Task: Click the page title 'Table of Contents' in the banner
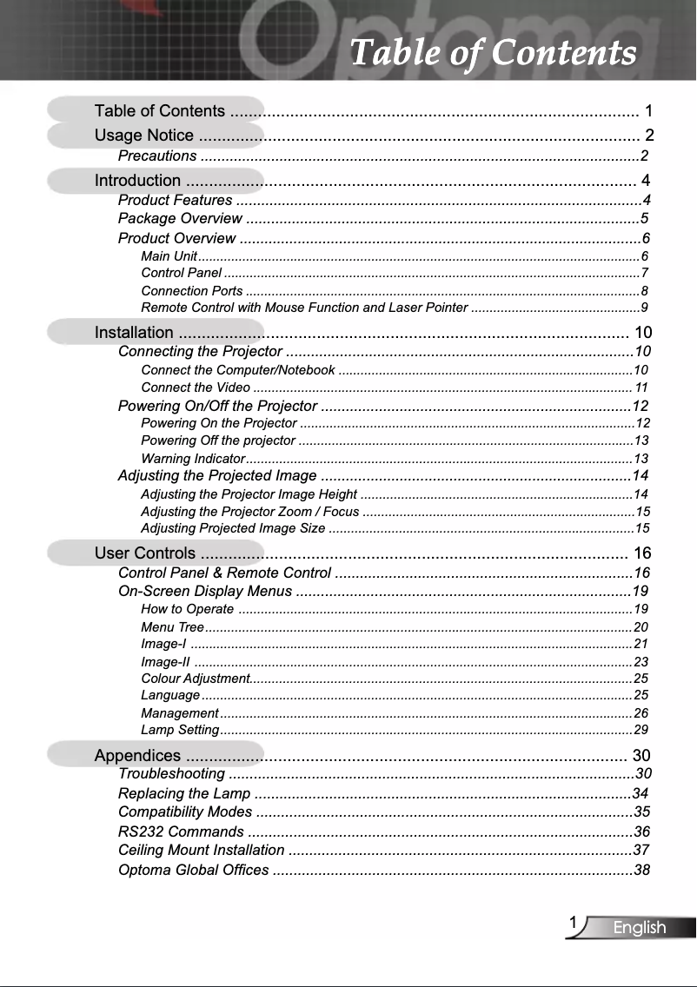point(492,52)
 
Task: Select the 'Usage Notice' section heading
point(144,135)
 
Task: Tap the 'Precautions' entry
point(157,156)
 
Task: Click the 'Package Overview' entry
point(180,217)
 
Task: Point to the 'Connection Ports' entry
point(192,290)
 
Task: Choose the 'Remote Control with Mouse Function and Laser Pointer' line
point(304,308)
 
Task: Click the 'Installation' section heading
point(134,332)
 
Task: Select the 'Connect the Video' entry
point(195,388)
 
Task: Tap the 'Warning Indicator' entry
point(192,458)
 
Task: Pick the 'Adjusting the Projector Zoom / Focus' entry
point(250,511)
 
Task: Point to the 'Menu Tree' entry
point(172,626)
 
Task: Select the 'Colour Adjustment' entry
point(195,678)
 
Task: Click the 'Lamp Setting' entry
point(179,729)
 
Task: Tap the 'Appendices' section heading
point(137,755)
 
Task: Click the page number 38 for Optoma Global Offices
point(642,870)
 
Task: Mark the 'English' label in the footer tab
point(640,928)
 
